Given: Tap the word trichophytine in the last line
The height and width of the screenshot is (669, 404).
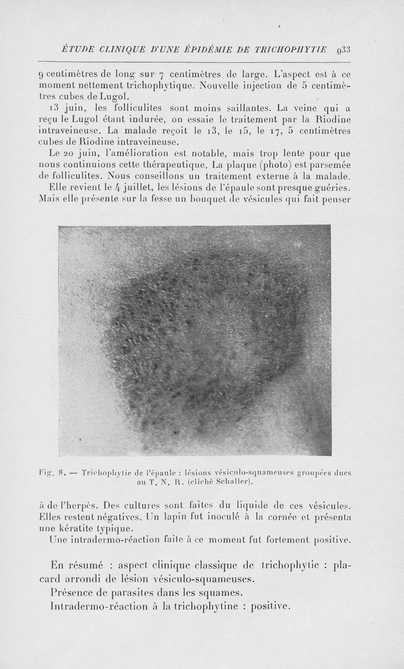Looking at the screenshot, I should (x=198, y=606).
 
